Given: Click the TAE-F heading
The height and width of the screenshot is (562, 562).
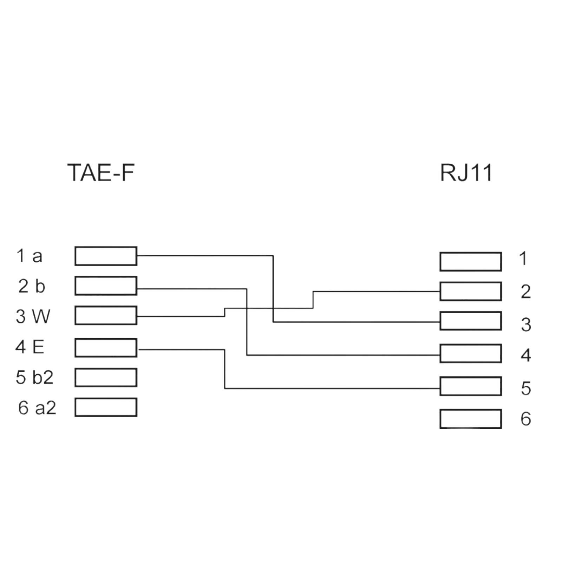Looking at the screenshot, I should click(101, 172).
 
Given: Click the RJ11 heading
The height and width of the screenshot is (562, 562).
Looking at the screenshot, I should click(466, 172).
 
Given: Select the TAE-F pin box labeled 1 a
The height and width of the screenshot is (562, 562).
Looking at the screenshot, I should click(106, 256).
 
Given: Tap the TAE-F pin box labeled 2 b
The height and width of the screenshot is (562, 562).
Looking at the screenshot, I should click(106, 286).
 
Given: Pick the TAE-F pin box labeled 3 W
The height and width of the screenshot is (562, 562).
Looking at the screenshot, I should click(106, 315).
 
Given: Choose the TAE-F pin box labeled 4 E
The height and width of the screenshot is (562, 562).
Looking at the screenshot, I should click(106, 348).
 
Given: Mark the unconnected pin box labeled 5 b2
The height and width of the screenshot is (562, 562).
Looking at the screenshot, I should click(106, 378).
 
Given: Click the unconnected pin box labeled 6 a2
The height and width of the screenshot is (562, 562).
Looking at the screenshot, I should click(106, 407).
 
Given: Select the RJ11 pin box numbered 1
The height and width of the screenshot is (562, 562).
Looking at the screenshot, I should click(470, 261).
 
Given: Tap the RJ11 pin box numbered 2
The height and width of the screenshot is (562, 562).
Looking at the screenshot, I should click(470, 291).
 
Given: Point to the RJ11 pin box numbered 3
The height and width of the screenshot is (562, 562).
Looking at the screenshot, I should click(470, 321).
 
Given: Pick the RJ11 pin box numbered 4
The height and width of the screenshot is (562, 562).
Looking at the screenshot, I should click(470, 353).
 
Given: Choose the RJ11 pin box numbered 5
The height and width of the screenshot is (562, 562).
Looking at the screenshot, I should click(470, 386).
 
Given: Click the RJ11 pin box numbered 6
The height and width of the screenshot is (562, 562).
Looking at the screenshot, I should click(470, 419).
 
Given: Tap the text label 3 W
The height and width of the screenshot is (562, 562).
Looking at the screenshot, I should click(33, 316).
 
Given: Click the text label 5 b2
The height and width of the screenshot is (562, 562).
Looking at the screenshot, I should click(34, 377).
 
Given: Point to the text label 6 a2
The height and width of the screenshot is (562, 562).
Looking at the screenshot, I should click(37, 408).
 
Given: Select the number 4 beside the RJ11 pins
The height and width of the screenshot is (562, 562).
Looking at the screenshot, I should click(525, 355).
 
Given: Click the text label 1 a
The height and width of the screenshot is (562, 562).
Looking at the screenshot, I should click(30, 256).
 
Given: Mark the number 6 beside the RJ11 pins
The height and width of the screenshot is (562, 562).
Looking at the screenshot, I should click(525, 419).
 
